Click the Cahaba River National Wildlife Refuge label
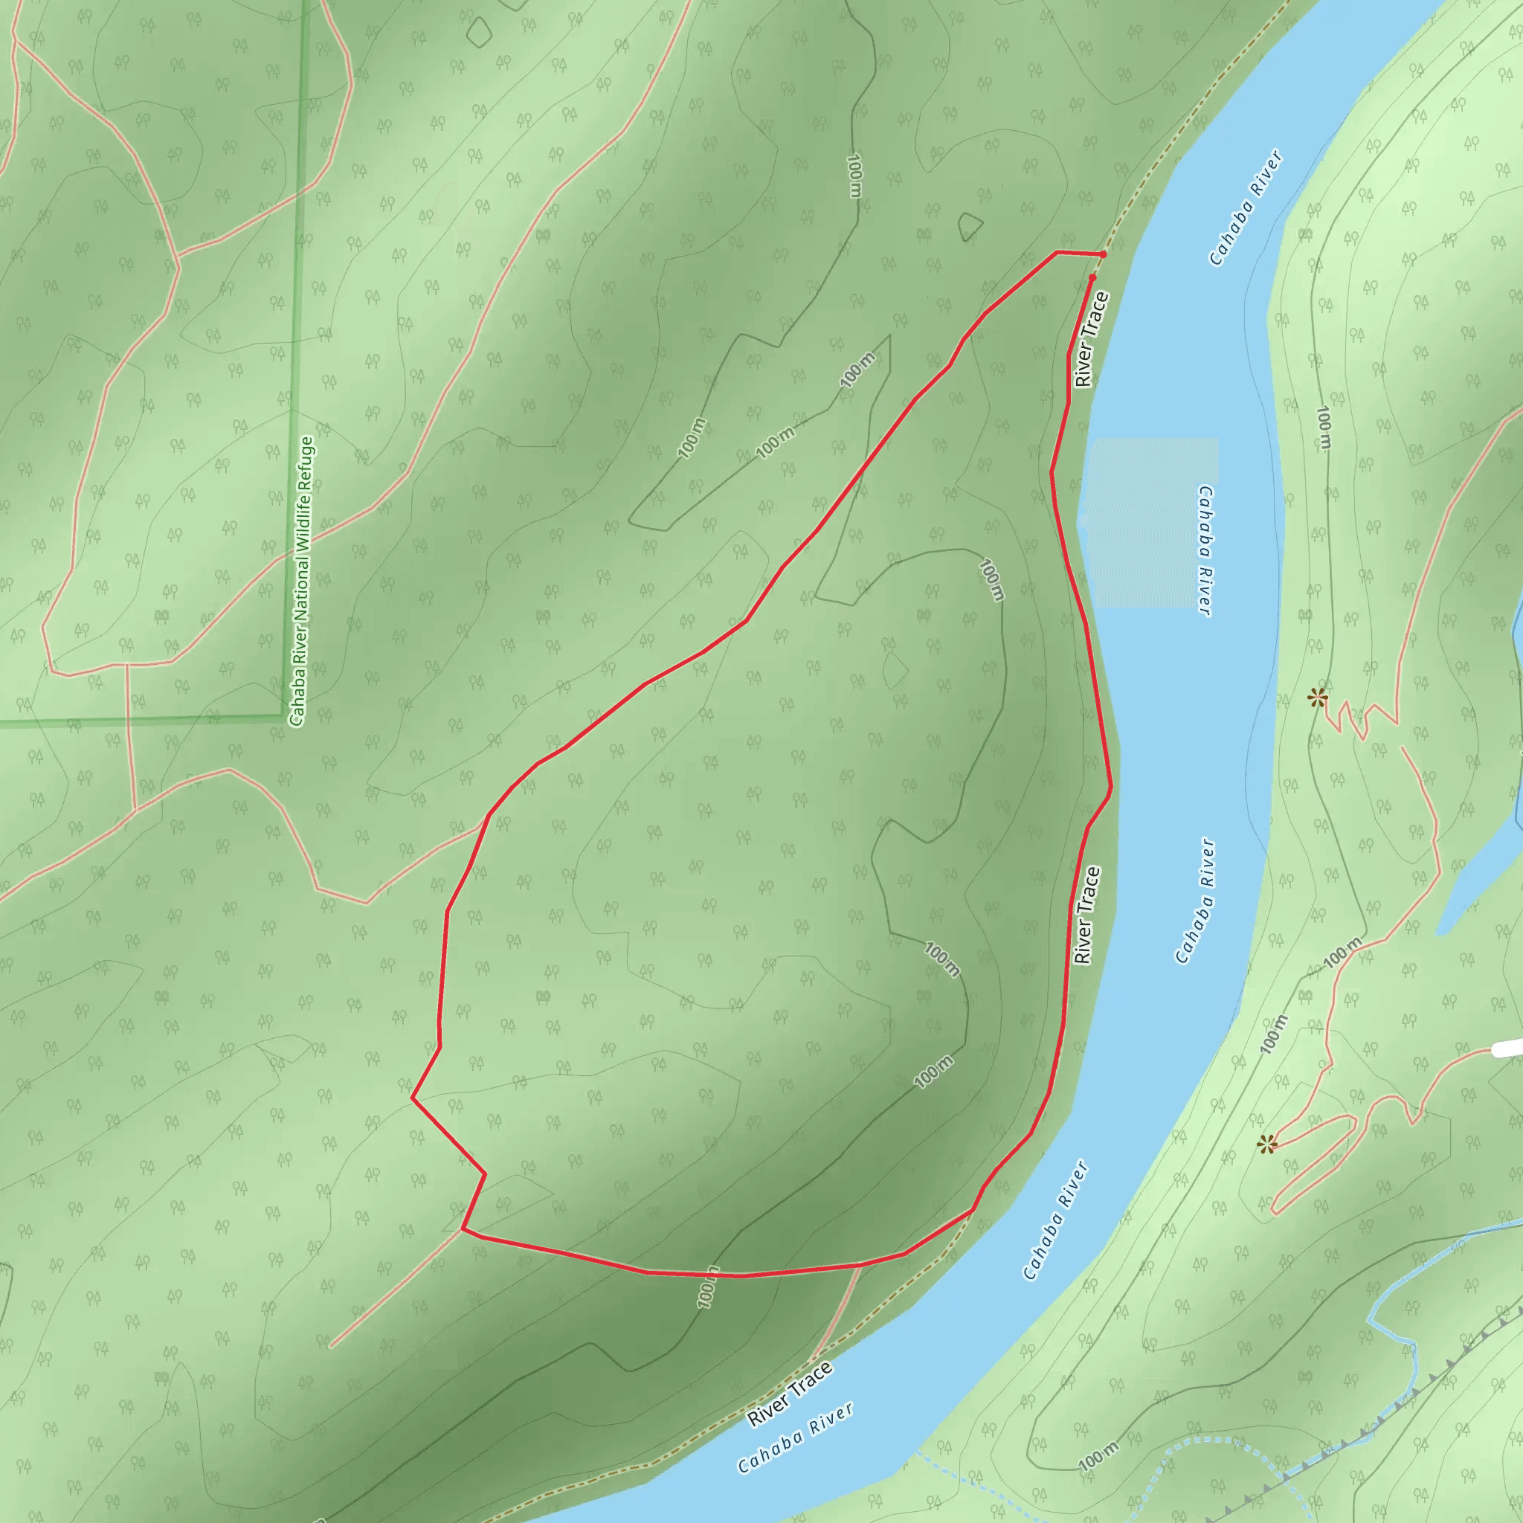coord(301,581)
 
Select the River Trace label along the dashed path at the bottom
coord(790,1394)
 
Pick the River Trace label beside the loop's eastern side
coord(1087,915)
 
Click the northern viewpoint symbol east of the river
coord(1316,697)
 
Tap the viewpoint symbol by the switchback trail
coord(1266,1144)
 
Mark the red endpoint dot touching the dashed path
coord(1103,254)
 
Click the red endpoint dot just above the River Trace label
coord(1092,277)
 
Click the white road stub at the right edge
coord(1507,1048)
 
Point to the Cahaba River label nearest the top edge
coord(1246,208)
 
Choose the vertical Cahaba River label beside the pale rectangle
coord(1204,550)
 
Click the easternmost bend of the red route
coord(1111,786)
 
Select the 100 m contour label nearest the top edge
coord(854,175)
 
